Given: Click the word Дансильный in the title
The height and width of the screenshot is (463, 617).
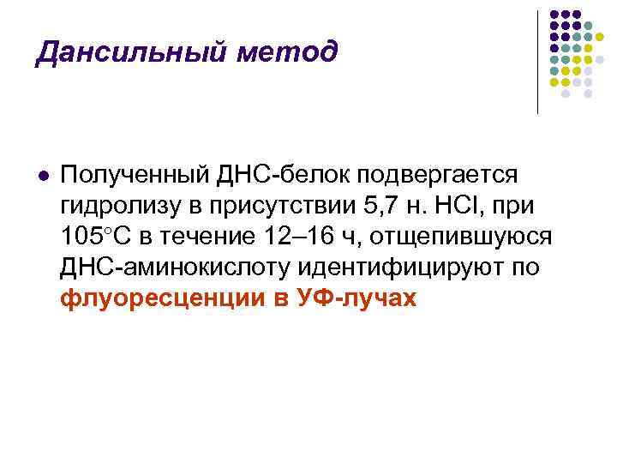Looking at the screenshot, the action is (131, 53).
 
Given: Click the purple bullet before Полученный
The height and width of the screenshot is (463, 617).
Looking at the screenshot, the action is (44, 176).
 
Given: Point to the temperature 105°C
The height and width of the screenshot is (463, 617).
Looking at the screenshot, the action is (96, 237).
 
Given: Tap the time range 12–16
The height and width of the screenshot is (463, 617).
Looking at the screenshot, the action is (299, 237).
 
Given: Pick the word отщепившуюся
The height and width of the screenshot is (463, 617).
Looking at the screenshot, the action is (461, 238).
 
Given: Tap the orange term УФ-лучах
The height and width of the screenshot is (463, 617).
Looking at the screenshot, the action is (356, 298).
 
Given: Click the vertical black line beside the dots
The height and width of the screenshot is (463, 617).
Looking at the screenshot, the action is (537, 63).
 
